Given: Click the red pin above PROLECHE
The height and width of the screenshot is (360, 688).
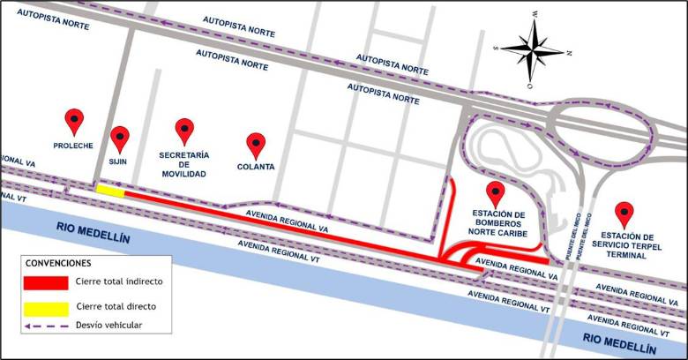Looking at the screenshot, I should (x=75, y=119).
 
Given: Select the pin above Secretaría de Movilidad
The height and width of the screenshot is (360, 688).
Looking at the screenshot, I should (x=183, y=129).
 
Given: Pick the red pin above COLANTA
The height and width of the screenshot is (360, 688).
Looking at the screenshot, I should (x=256, y=143).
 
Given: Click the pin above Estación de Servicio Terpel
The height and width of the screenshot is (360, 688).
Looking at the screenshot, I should (x=625, y=213).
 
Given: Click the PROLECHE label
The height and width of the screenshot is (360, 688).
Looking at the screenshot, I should (x=73, y=146).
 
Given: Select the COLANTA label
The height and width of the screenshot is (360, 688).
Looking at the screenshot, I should (x=256, y=166).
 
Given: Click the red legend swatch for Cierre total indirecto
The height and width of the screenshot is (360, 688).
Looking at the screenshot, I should (x=47, y=282).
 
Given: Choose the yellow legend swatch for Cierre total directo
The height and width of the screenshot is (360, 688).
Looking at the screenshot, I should (x=47, y=307).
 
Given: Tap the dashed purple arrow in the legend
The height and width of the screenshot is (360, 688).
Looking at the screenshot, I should (x=47, y=326).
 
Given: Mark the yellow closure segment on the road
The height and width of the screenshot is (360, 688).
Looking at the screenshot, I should (x=110, y=190).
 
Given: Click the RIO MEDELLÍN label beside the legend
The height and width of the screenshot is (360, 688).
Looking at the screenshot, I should (x=93, y=227).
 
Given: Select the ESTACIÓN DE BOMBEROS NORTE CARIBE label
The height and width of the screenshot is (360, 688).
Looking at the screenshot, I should (x=499, y=224).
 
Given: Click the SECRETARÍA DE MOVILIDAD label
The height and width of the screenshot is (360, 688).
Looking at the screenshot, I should (x=183, y=164).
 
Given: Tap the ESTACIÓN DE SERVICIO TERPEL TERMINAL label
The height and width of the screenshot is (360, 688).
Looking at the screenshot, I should (x=627, y=244).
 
